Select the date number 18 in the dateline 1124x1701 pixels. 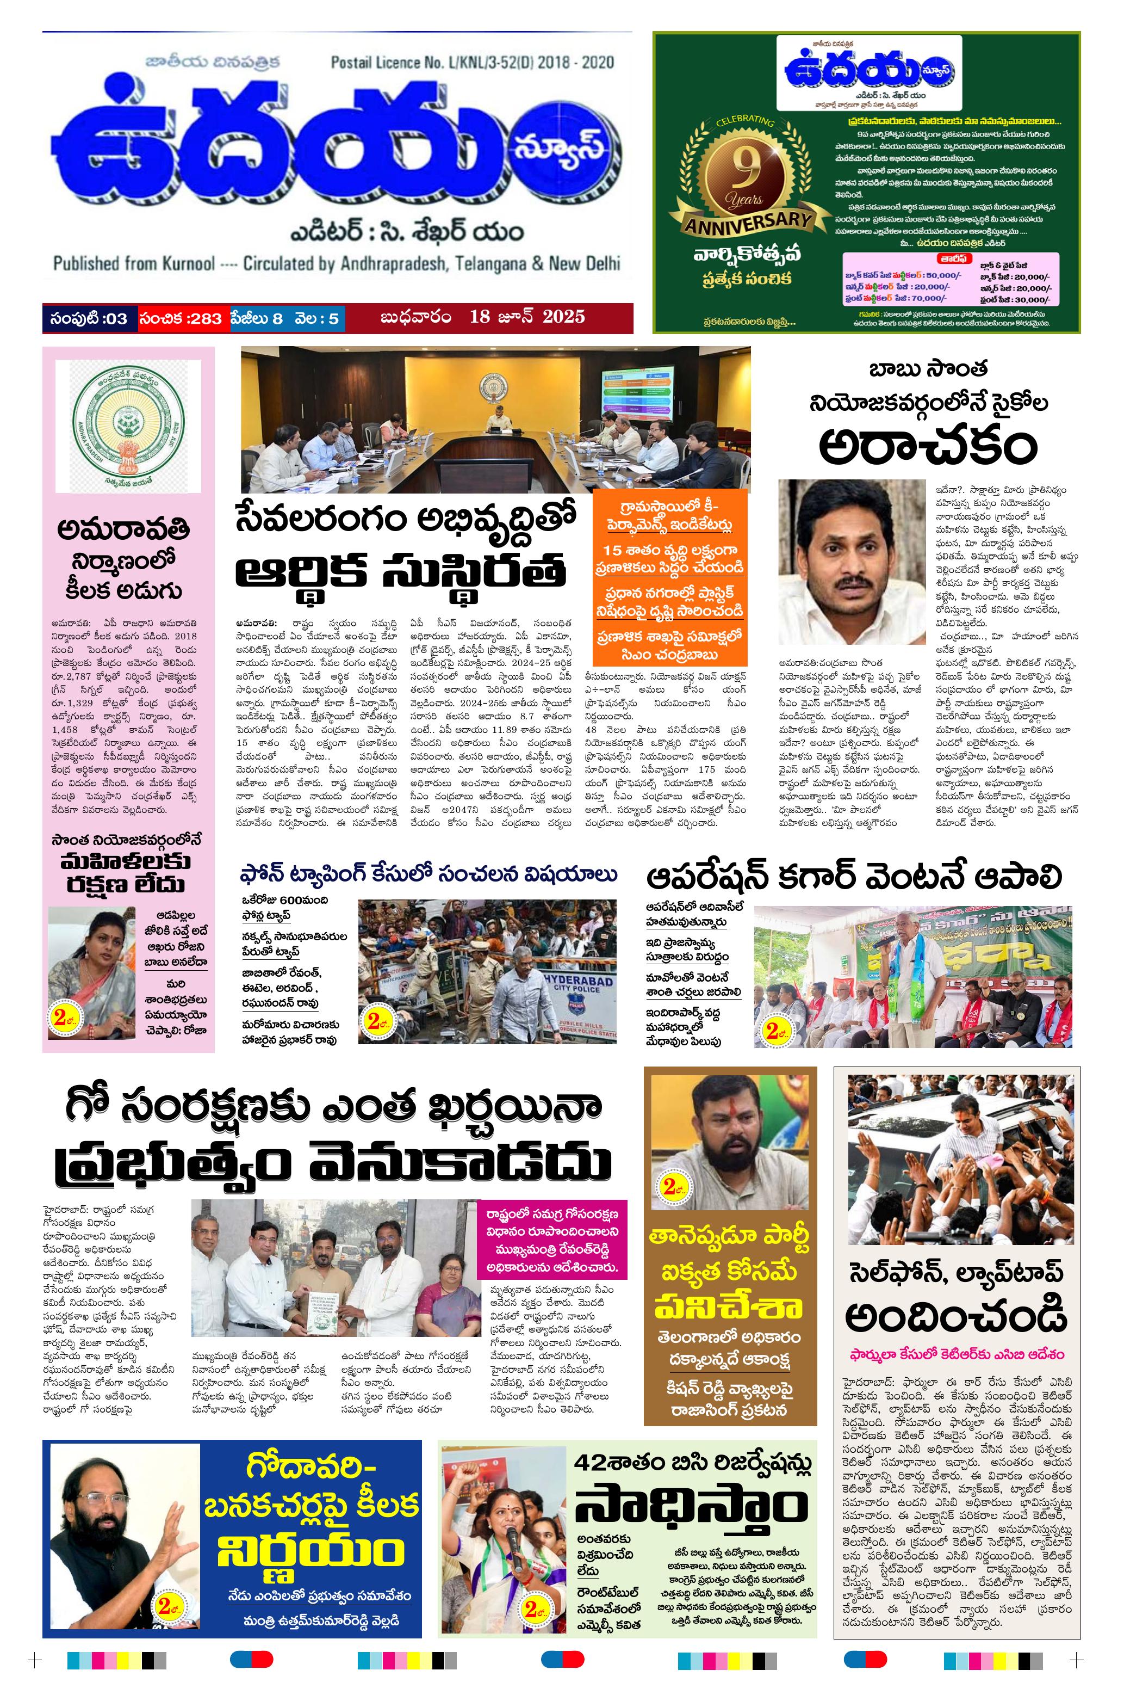point(480,316)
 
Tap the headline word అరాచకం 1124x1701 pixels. point(928,445)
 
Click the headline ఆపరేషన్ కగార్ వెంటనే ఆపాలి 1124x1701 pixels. point(853,877)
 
